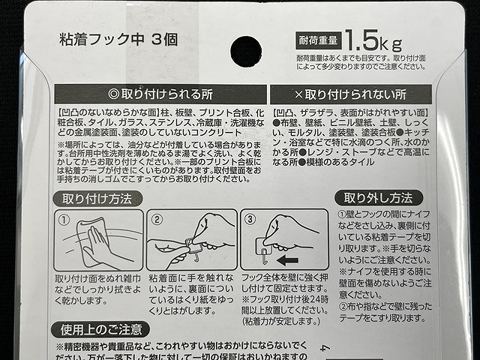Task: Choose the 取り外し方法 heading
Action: click(x=378, y=198)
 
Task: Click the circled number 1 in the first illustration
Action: click(x=64, y=220)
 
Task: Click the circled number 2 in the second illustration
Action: click(x=157, y=220)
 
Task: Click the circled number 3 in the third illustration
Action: click(x=250, y=220)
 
